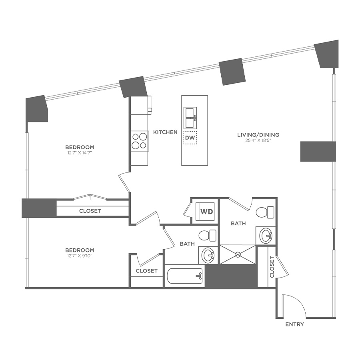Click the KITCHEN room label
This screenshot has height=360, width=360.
pos(165,132)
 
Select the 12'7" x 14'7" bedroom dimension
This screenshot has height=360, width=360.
pos(80,152)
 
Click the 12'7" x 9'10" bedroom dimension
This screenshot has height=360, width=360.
pos(80,255)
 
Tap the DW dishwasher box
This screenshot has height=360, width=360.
pos(190,138)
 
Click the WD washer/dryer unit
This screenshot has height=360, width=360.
pos(206,211)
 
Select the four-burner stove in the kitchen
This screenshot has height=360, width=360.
pos(139,141)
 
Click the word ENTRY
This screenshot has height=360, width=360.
pos(294,324)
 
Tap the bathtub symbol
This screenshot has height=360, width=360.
pos(184,276)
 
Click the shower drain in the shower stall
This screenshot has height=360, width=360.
pos(237,254)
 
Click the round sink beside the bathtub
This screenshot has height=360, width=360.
pos(208,255)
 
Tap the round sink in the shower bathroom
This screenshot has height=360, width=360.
pos(265,235)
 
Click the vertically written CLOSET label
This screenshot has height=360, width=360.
pos(272,267)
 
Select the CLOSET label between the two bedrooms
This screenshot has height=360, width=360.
pos(90,211)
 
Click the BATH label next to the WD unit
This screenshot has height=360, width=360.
pos(238,223)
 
